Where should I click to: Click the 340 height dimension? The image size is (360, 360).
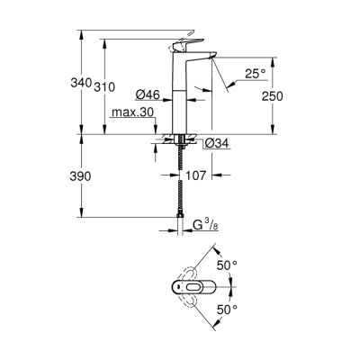click(81, 83)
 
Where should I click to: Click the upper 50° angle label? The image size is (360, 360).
click(228, 265)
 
